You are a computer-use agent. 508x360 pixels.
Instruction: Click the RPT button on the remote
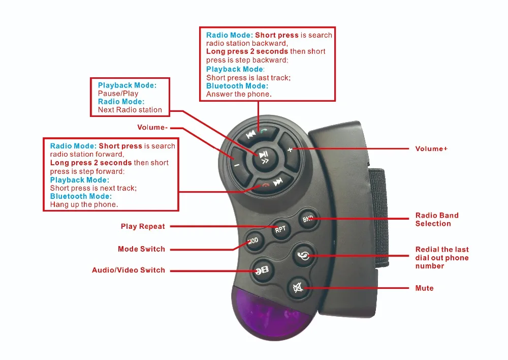click(x=280, y=229)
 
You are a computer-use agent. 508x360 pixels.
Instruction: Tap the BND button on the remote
click(x=308, y=219)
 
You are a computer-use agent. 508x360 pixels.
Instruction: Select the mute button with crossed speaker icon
click(x=298, y=288)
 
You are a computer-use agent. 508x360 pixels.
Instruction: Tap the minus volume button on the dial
click(x=236, y=165)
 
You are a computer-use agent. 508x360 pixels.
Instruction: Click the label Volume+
click(x=431, y=149)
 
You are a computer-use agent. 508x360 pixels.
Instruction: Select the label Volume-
click(x=152, y=127)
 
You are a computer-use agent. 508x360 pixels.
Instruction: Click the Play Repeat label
click(x=143, y=226)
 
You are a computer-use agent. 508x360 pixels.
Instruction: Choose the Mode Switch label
click(x=141, y=249)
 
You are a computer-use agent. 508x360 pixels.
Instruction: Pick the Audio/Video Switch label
click(x=129, y=270)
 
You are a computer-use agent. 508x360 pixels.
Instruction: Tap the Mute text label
click(x=424, y=288)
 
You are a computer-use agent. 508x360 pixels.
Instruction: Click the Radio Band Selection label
click(x=436, y=220)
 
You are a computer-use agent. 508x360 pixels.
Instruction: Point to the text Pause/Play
click(x=118, y=94)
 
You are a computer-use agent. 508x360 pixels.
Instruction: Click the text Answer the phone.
click(x=239, y=94)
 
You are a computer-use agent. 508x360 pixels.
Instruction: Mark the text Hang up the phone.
click(x=84, y=204)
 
